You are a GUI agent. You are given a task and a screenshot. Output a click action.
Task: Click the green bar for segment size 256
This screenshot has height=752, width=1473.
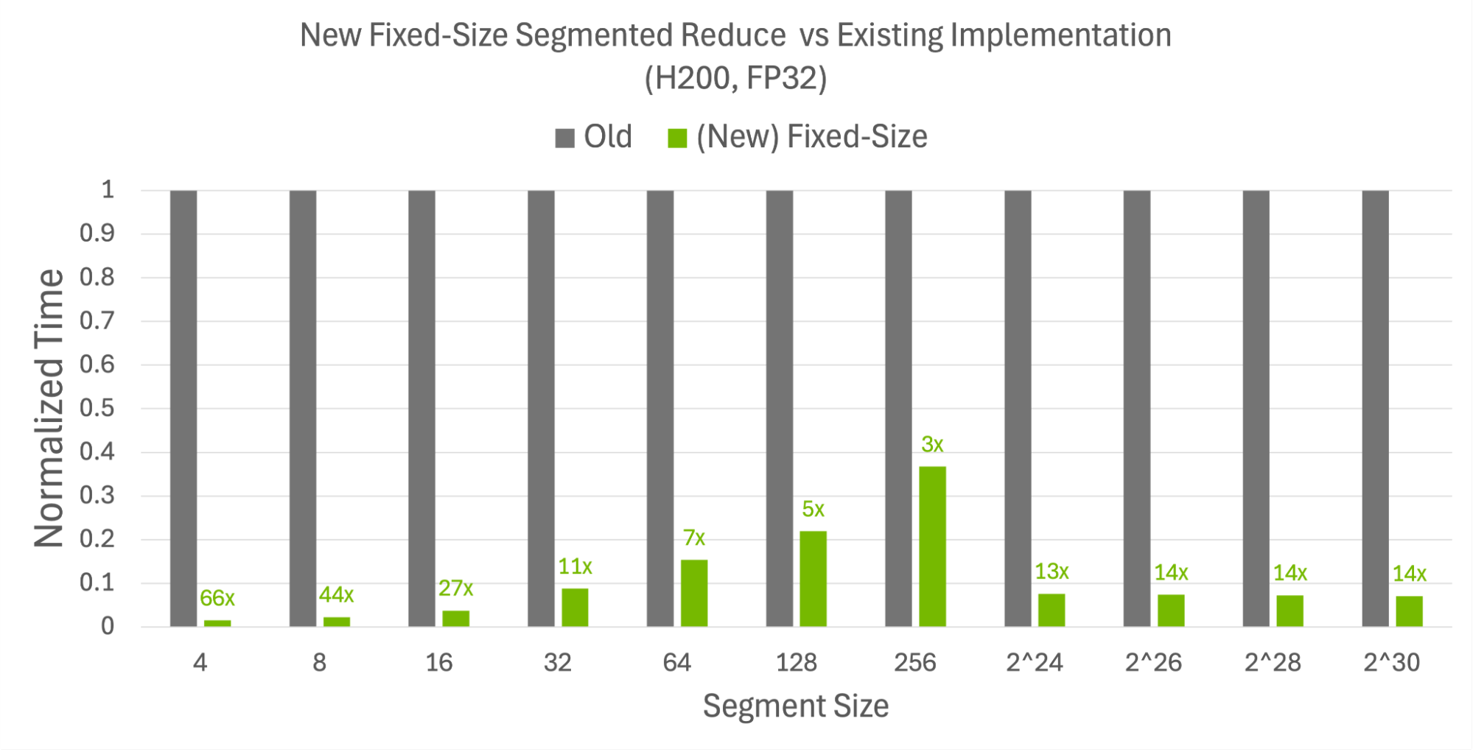coord(932,546)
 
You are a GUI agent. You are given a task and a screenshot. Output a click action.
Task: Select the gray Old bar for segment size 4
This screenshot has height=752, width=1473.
coord(183,409)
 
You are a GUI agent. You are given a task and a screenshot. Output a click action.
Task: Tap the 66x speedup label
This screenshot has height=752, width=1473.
coord(217,598)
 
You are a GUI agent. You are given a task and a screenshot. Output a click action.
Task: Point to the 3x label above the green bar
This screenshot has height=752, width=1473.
coord(932,444)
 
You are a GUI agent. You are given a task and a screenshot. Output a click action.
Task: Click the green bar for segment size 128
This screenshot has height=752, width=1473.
coord(813,578)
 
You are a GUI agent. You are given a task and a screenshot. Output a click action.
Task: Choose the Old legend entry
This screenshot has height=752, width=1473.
coord(594,137)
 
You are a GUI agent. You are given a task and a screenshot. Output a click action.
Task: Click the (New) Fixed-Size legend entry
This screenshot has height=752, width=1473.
coord(798,137)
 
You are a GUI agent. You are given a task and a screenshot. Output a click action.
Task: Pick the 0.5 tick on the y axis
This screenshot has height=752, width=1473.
coord(97,408)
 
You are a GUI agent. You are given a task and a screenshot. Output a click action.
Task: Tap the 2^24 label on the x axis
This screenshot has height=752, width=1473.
coord(1035,662)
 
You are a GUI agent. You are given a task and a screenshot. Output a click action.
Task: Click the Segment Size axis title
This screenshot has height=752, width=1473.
coord(796,706)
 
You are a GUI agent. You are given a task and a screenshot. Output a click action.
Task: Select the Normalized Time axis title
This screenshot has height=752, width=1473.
coord(49,408)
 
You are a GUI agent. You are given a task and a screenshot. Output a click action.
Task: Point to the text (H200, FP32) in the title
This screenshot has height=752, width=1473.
coord(735,78)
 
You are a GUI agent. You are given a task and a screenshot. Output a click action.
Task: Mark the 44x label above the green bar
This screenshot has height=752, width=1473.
coord(336,594)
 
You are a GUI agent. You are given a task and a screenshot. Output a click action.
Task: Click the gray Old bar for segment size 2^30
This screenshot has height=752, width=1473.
coord(1375,409)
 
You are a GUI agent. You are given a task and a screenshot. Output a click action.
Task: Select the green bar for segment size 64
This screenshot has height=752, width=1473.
coord(694,593)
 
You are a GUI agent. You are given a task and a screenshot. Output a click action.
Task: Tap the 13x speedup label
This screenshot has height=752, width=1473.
coord(1052,572)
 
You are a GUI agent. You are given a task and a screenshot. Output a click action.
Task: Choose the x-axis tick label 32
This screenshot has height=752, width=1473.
coord(558,662)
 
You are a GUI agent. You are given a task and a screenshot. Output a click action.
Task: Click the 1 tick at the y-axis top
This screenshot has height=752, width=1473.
coord(108,190)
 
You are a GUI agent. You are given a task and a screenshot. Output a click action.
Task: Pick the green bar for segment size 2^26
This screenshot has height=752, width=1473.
coord(1171,610)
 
